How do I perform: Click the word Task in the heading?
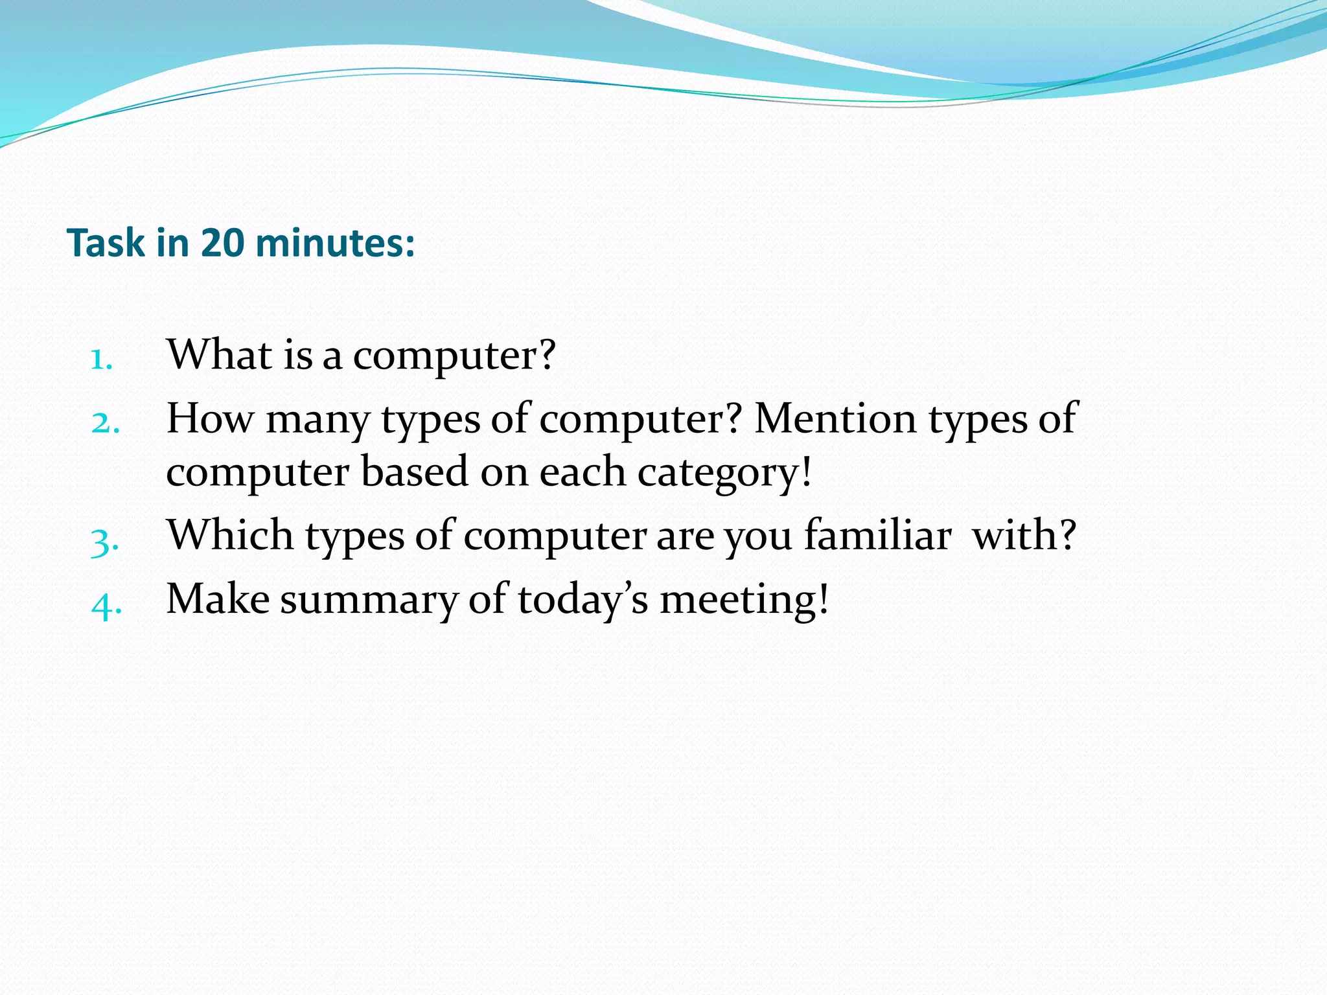tap(106, 244)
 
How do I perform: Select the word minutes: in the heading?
tap(335, 244)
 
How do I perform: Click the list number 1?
tap(100, 360)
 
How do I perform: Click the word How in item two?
tap(210, 418)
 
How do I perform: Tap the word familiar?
tap(878, 536)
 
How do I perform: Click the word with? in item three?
tap(1024, 536)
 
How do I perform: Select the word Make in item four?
tap(218, 599)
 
